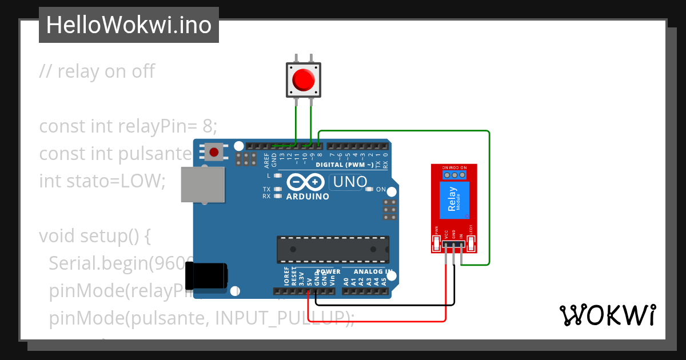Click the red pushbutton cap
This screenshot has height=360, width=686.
pos(303,79)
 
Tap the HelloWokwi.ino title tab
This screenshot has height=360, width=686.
pos(129,25)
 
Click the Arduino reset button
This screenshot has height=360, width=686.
pos(214,152)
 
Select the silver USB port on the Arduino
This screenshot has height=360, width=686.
pos(202,184)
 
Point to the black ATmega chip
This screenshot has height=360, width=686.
pos(333,250)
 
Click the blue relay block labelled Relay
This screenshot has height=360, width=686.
pos(454,200)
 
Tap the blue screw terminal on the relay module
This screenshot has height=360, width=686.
pos(454,174)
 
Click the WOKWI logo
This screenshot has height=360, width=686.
pos(607,315)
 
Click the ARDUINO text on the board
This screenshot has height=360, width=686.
pos(308,197)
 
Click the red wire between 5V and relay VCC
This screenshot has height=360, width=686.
pos(377,321)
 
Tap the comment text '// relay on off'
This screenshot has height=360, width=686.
pos(97,71)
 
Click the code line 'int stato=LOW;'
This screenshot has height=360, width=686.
pos(102,181)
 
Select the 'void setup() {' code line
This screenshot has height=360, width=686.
pos(94,235)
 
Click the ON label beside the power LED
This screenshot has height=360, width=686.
pos(381,190)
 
